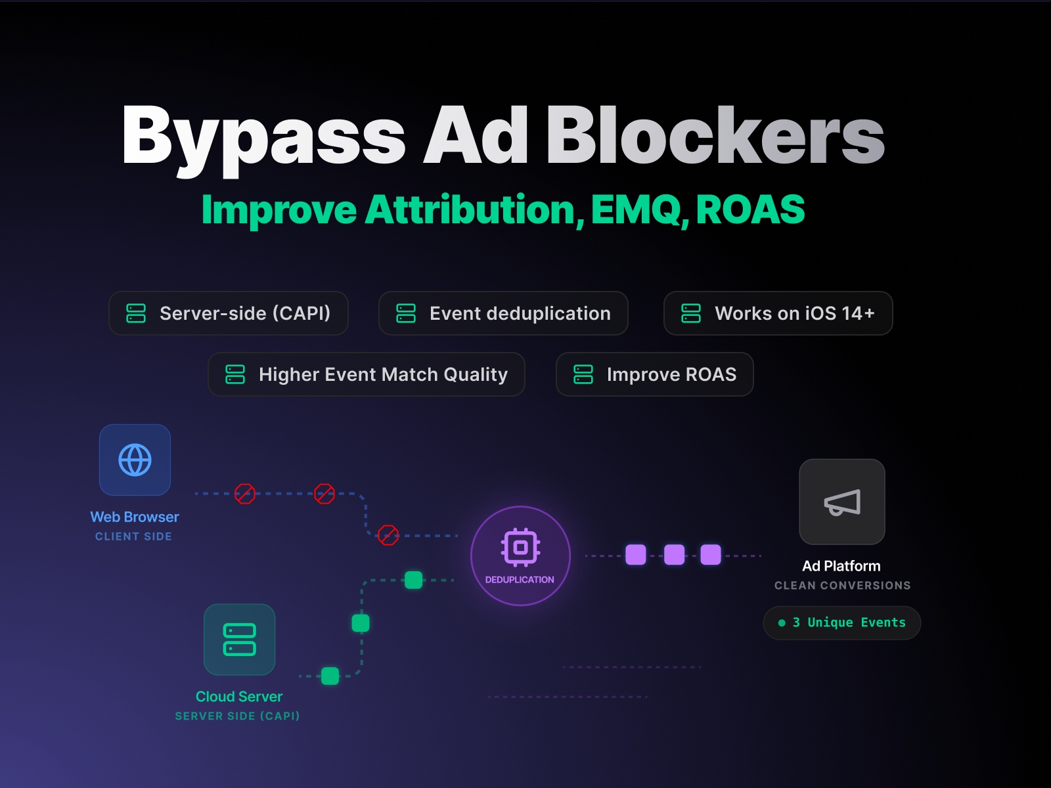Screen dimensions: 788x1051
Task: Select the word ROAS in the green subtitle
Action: pos(750,210)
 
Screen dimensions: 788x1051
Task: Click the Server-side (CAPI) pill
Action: pos(229,313)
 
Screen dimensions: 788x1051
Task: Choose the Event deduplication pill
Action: pos(503,313)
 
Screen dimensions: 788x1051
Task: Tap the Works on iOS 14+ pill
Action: pos(778,313)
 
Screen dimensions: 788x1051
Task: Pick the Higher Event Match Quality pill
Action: pos(366,374)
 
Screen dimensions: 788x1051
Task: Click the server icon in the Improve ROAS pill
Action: pos(583,374)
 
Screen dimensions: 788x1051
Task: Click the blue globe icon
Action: pos(135,460)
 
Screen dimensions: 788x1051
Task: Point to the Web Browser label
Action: pos(135,517)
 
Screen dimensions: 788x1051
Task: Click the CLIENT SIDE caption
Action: pos(133,536)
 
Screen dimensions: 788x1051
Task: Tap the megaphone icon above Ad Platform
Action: pos(842,502)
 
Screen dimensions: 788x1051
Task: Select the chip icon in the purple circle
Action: pos(520,546)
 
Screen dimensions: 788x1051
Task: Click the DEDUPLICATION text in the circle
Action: pos(520,580)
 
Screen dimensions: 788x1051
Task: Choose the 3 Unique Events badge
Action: pos(842,623)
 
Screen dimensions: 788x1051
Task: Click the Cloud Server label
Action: pos(239,697)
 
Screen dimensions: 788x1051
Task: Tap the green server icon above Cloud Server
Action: pos(240,640)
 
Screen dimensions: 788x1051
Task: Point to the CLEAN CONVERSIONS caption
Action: pos(842,585)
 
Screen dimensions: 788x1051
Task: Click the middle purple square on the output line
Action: pos(675,555)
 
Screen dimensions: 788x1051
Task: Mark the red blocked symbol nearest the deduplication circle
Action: pos(388,535)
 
